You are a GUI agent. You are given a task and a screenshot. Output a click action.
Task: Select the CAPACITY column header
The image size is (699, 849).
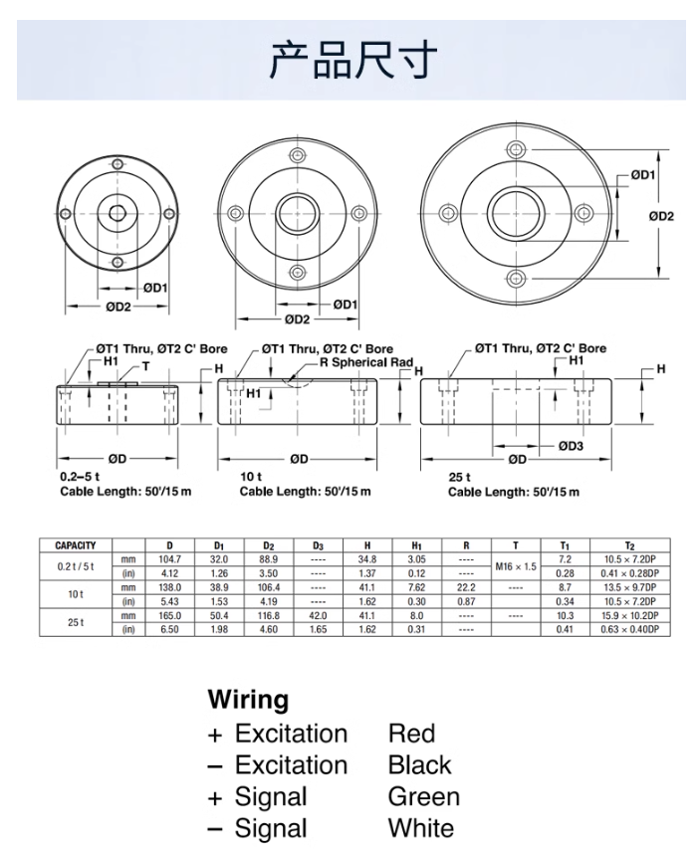click(x=76, y=545)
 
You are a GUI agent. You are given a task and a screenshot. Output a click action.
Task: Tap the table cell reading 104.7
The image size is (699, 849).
click(x=169, y=560)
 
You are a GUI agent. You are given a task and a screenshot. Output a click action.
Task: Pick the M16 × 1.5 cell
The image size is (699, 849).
click(x=516, y=566)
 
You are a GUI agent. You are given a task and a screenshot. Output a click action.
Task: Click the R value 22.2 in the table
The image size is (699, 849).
click(x=466, y=588)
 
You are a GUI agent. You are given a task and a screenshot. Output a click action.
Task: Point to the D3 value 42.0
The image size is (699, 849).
click(x=318, y=616)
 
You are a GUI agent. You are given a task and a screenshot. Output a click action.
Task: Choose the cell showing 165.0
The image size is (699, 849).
click(x=169, y=616)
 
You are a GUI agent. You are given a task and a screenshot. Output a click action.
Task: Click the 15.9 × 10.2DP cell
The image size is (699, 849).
click(x=629, y=616)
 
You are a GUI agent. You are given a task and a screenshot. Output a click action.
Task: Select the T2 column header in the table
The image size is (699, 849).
click(x=629, y=545)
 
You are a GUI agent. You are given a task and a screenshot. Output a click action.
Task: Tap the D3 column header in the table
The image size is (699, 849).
click(x=318, y=545)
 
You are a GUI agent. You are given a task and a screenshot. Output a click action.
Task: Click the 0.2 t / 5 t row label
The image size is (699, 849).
click(x=76, y=566)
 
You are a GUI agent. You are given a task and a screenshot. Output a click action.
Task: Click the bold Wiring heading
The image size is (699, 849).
click(x=248, y=700)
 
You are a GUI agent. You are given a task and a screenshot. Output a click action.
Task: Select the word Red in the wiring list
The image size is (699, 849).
click(x=411, y=734)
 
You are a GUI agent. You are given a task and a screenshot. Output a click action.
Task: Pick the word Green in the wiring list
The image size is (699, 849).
click(x=424, y=797)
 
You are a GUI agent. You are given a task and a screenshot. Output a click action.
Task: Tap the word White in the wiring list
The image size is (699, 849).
click(x=420, y=829)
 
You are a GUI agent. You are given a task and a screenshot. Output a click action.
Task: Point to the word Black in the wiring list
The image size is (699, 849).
click(x=419, y=765)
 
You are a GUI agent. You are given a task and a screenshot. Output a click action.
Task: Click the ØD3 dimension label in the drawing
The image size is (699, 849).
click(x=572, y=445)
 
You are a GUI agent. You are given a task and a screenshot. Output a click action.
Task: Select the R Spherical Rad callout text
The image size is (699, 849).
click(x=365, y=363)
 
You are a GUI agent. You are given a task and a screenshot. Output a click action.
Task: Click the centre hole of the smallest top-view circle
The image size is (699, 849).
click(x=117, y=212)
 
